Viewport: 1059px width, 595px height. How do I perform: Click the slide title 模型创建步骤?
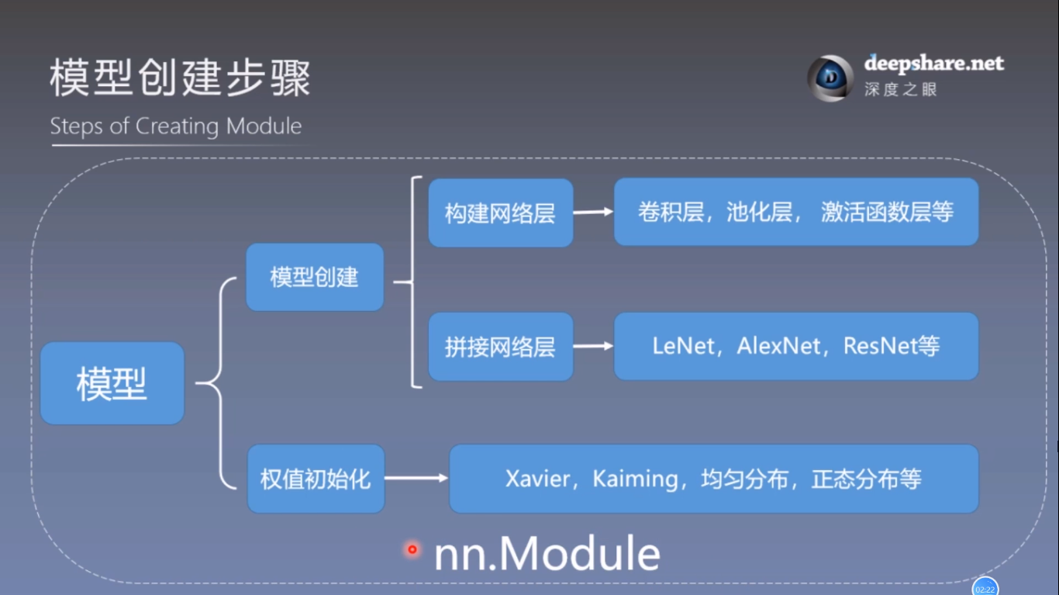pos(180,79)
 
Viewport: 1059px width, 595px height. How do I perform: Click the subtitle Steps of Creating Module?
pos(176,126)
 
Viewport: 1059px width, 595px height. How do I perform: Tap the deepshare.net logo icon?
pos(830,78)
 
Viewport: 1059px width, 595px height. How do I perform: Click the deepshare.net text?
pos(933,64)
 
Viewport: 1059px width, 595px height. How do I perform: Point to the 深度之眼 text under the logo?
pos(901,89)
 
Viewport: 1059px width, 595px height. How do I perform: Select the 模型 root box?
pos(112,383)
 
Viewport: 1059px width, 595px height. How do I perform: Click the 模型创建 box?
pos(315,277)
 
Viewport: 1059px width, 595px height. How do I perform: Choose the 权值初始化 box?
pos(316,479)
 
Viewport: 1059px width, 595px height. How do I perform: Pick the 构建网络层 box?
pos(500,213)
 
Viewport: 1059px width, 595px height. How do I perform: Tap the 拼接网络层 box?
pos(500,346)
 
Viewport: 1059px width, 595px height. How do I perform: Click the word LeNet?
pos(683,346)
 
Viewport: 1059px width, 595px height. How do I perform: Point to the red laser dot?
pos(412,549)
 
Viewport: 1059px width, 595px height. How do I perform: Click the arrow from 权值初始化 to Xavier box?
pos(416,479)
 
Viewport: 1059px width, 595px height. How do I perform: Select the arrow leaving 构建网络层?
pos(593,212)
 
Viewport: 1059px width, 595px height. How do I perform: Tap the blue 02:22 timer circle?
pos(985,588)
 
